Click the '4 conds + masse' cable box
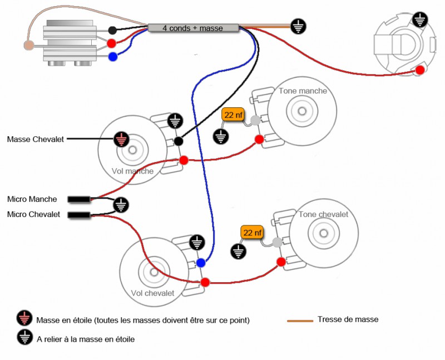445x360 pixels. [x=193, y=28]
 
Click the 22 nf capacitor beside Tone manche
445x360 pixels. [x=233, y=115]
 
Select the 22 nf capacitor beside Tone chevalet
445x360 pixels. [x=252, y=232]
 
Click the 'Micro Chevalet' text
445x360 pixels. [x=33, y=214]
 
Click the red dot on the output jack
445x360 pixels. [x=420, y=70]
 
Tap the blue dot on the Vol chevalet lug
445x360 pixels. [x=200, y=263]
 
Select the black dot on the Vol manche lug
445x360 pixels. [x=179, y=142]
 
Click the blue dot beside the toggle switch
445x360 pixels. [x=113, y=56]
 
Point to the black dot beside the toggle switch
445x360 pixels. [x=112, y=30]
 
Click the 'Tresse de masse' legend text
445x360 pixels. [x=348, y=319]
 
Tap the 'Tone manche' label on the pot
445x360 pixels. [x=303, y=91]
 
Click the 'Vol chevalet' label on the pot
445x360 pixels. [x=152, y=293]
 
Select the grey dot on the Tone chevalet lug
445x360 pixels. [x=278, y=242]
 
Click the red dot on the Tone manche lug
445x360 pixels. [x=259, y=139]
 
